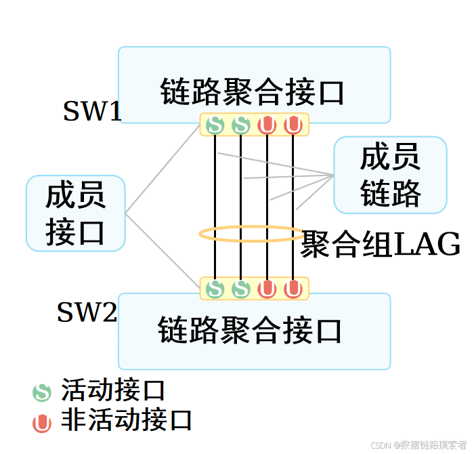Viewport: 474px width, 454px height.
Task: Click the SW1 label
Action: pyautogui.click(x=92, y=111)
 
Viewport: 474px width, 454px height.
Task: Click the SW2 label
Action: pyautogui.click(x=87, y=312)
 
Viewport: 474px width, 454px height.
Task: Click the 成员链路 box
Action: pyautogui.click(x=390, y=176)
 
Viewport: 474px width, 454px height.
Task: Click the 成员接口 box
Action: pyautogui.click(x=76, y=213)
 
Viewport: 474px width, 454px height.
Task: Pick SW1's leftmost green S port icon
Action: pyautogui.click(x=215, y=125)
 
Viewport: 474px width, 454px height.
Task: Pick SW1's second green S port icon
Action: pyautogui.click(x=240, y=125)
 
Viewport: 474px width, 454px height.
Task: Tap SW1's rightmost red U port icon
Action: pyautogui.click(x=293, y=125)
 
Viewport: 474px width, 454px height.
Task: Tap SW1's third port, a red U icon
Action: pyautogui.click(x=267, y=125)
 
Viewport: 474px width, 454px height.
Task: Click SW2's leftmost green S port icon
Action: pyautogui.click(x=215, y=289)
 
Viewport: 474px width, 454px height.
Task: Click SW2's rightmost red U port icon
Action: pyautogui.click(x=293, y=289)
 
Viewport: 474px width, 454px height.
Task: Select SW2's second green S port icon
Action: pyautogui.click(x=240, y=289)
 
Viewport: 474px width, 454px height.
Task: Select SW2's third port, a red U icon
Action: pyautogui.click(x=267, y=289)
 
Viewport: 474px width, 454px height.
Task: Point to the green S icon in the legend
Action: pyautogui.click(x=42, y=392)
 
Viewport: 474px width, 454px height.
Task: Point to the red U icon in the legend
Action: pyautogui.click(x=42, y=423)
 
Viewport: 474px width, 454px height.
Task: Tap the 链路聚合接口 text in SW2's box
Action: pyautogui.click(x=250, y=331)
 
